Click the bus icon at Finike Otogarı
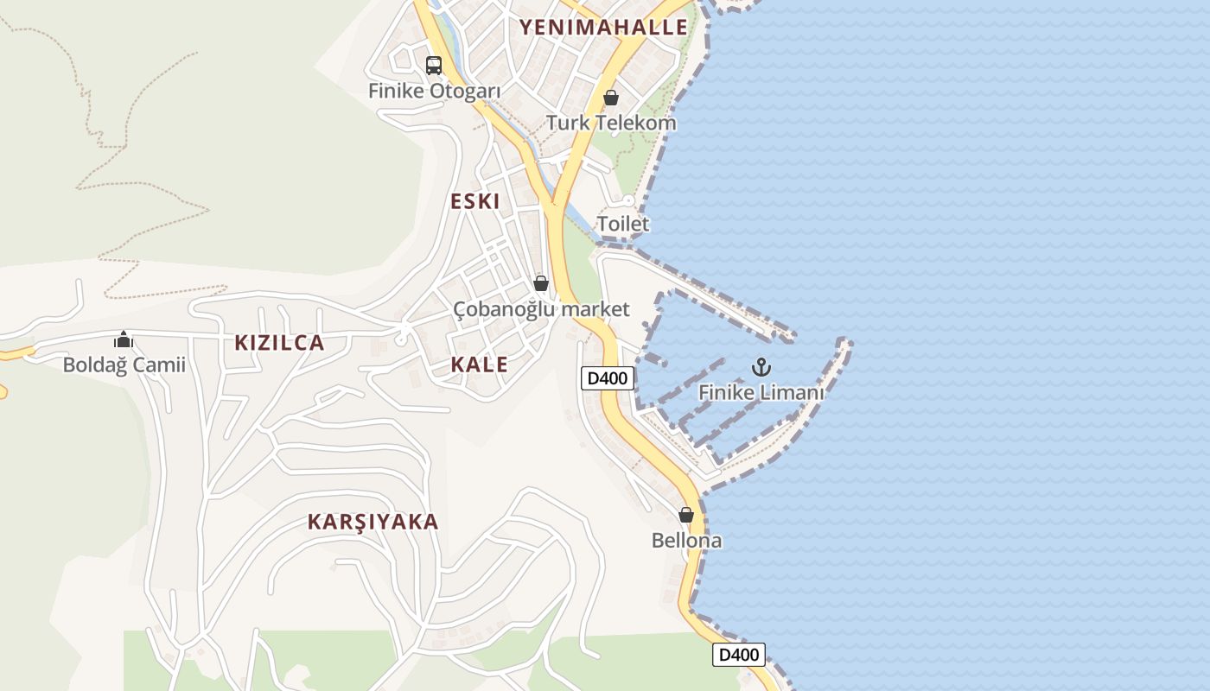coord(434,65)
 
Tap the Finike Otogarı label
coord(435,91)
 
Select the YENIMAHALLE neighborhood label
coord(603,27)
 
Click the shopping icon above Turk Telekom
coord(611,98)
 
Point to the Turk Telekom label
coord(611,123)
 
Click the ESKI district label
coord(475,201)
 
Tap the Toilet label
coord(623,224)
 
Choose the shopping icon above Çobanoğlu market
coord(541,283)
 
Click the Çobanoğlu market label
coord(542,308)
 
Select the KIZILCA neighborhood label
coord(279,343)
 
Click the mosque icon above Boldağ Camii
coord(124,339)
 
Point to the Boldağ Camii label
coord(124,365)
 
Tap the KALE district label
coord(479,365)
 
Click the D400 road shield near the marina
coord(608,377)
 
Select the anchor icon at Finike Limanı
coord(761,367)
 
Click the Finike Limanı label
coord(761,392)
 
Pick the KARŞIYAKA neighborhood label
coord(373,522)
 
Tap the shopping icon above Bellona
coord(686,516)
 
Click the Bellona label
coord(686,541)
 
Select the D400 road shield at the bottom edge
coord(739,655)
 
